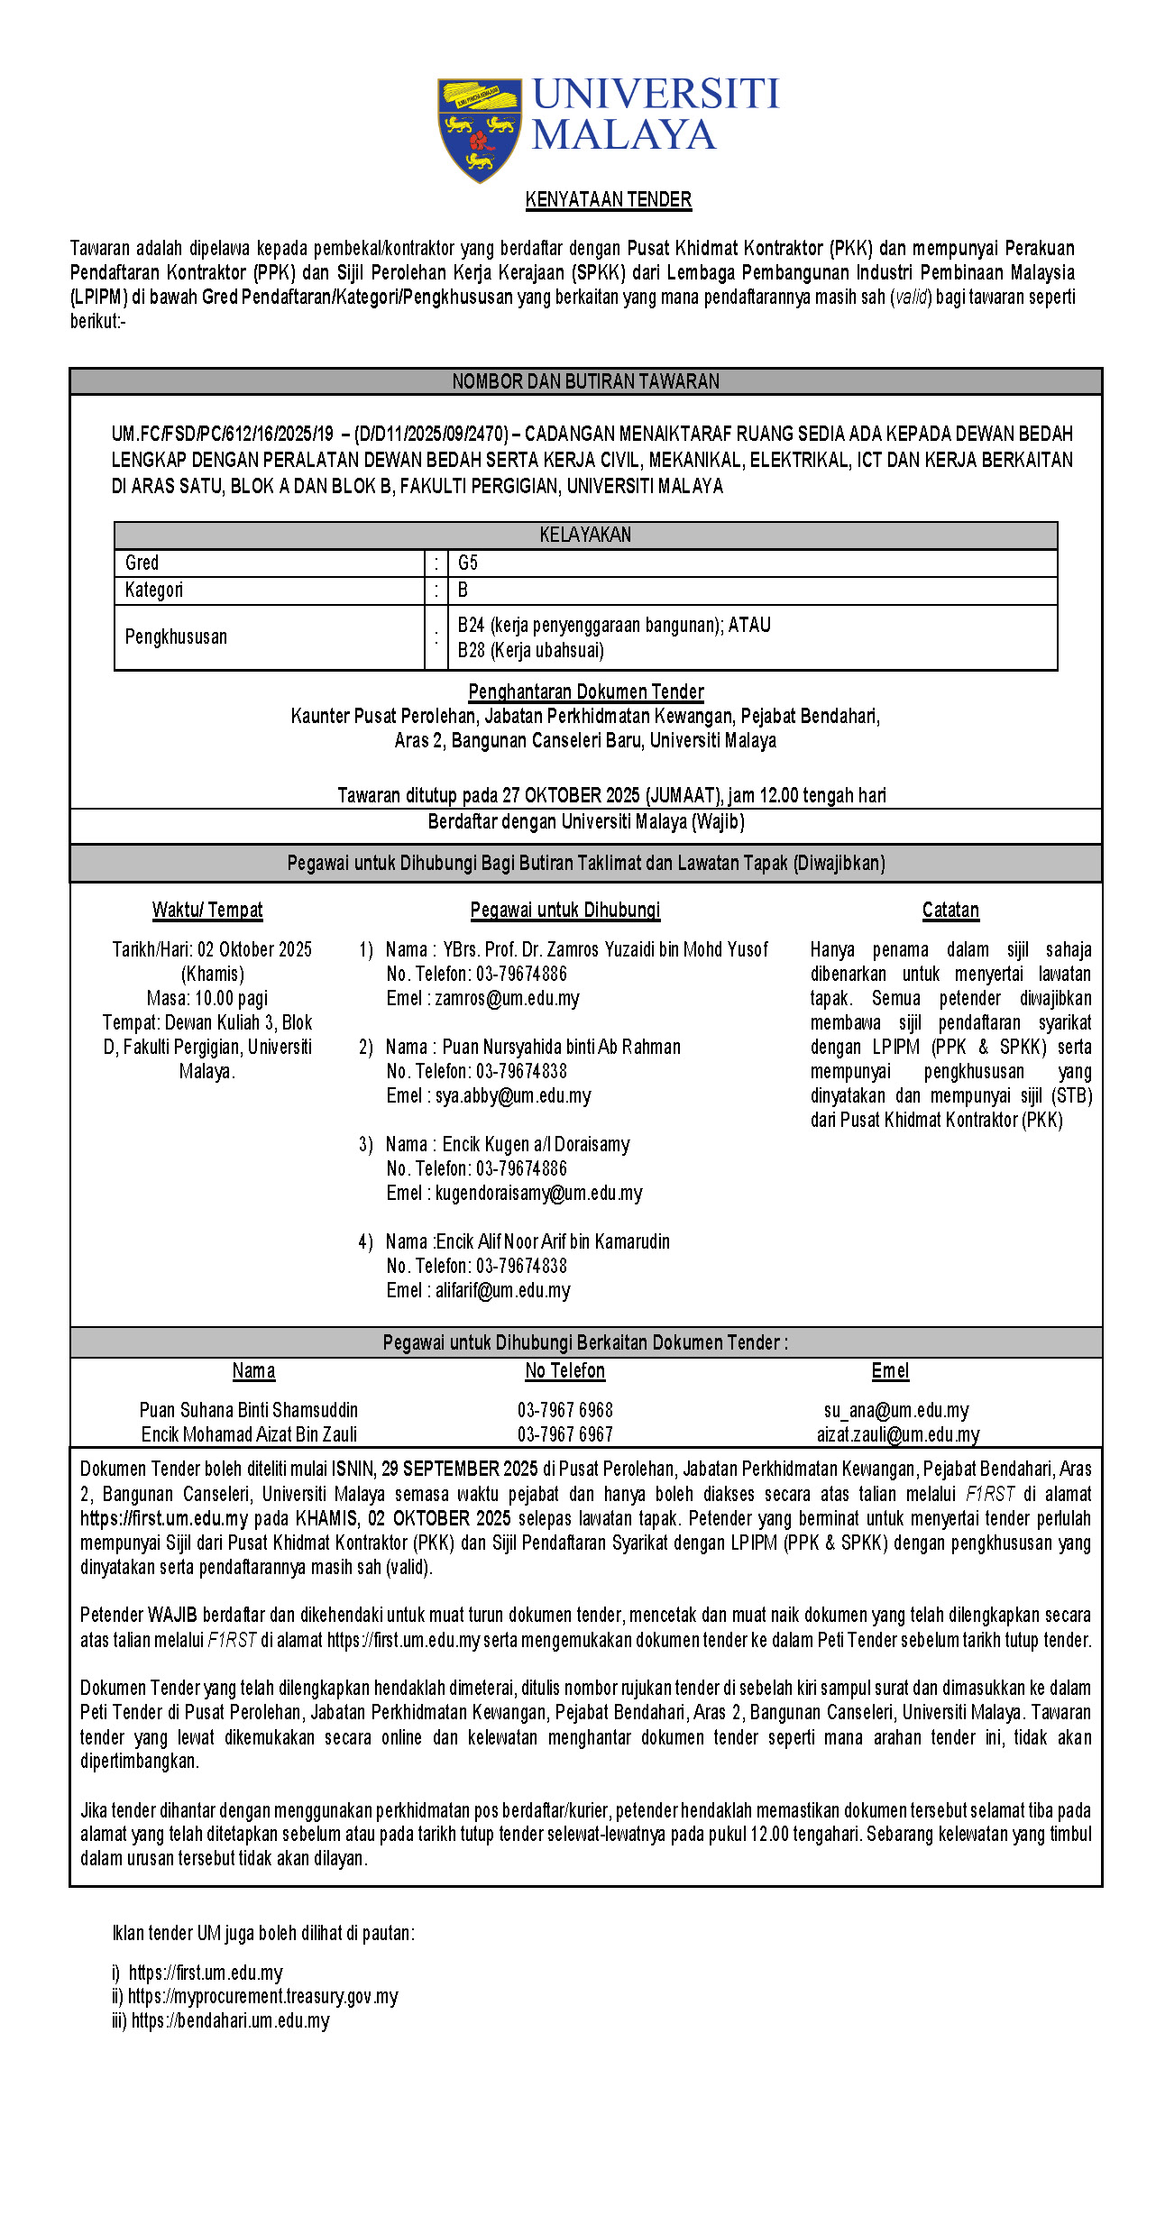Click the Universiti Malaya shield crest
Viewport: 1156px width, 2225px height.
point(479,129)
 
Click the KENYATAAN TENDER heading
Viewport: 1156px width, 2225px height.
point(609,200)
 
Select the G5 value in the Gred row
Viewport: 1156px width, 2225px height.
point(468,563)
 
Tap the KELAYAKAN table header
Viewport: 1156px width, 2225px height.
point(585,536)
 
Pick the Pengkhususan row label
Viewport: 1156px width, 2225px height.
point(176,637)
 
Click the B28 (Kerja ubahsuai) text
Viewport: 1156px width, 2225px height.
point(531,651)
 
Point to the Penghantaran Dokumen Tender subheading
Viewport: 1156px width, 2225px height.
point(586,692)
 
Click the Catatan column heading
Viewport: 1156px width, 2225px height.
point(950,911)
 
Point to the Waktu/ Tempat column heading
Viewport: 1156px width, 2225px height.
point(207,911)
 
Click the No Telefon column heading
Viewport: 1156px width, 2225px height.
point(565,1371)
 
